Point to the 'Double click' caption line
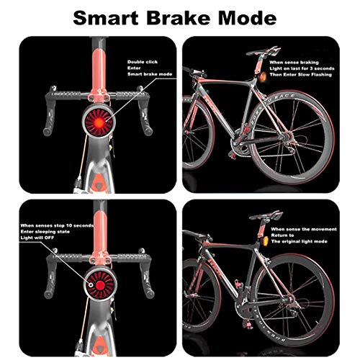tap(144, 62)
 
